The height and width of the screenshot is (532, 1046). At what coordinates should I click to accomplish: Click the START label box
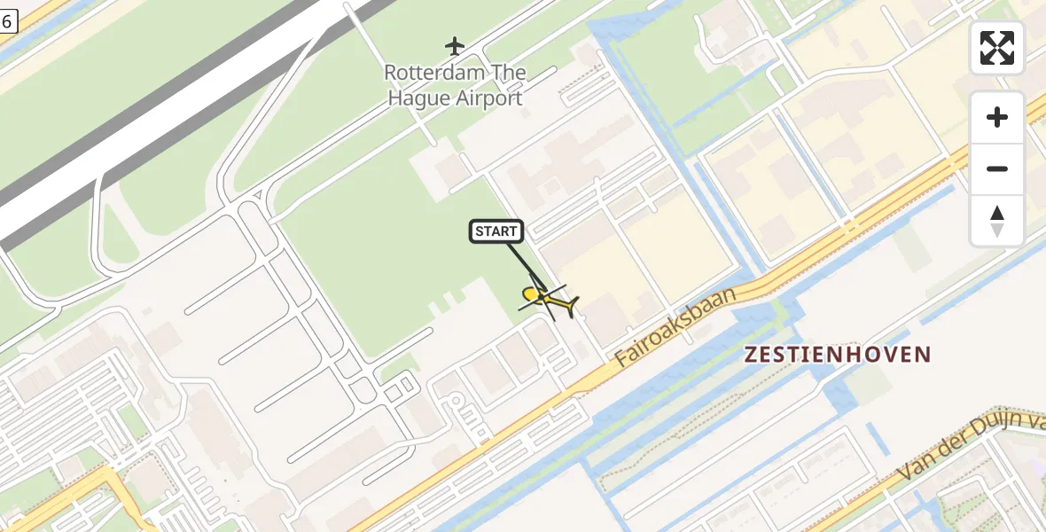[x=496, y=232]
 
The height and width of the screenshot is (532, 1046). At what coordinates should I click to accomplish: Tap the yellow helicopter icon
[x=549, y=298]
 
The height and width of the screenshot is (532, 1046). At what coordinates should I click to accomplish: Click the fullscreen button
[x=997, y=48]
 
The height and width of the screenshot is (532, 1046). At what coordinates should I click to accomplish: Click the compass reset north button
[x=997, y=221]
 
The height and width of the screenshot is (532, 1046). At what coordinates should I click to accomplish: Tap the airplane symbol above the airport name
[x=455, y=45]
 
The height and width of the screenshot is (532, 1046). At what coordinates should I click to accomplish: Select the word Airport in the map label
[x=489, y=98]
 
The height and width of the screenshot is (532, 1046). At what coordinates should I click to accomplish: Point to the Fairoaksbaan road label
[x=675, y=327]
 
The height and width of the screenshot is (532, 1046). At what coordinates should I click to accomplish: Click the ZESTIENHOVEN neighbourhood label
[x=838, y=356]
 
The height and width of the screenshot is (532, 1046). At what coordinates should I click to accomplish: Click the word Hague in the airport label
[x=419, y=98]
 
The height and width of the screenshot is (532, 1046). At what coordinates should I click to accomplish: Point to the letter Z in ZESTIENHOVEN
[x=752, y=356]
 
